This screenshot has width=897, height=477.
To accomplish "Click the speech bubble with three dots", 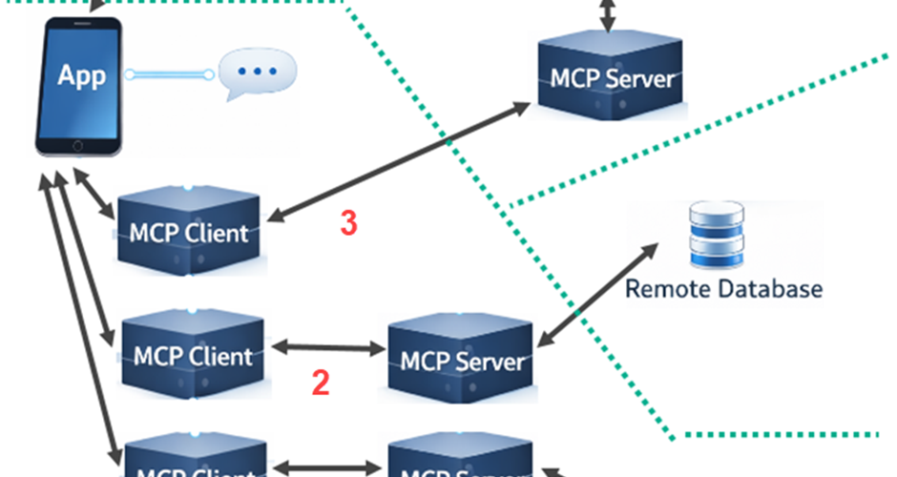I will tap(257, 73).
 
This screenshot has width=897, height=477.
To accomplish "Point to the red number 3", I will tap(349, 224).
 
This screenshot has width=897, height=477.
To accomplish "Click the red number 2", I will tap(321, 384).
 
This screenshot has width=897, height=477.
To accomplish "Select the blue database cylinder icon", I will tap(716, 234).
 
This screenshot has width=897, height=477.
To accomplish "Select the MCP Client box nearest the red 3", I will tap(188, 231).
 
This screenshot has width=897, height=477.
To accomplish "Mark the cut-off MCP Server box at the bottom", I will tap(461, 460).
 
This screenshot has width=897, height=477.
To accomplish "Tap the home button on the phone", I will tap(79, 146).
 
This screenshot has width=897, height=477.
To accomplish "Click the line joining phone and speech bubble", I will tap(168, 73).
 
